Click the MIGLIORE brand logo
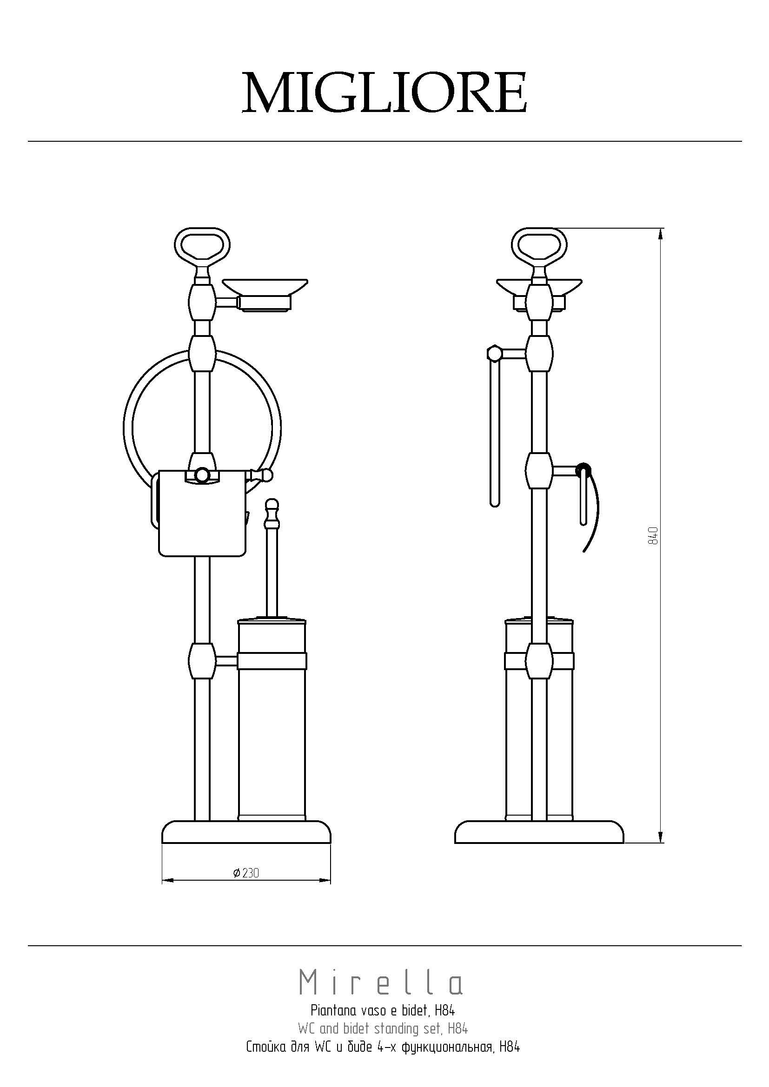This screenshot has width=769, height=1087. (384, 92)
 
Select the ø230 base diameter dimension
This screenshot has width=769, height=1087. (246, 873)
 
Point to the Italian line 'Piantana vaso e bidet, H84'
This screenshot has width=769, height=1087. (383, 1012)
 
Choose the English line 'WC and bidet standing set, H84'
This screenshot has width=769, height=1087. (383, 1028)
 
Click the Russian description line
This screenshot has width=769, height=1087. (383, 1045)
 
